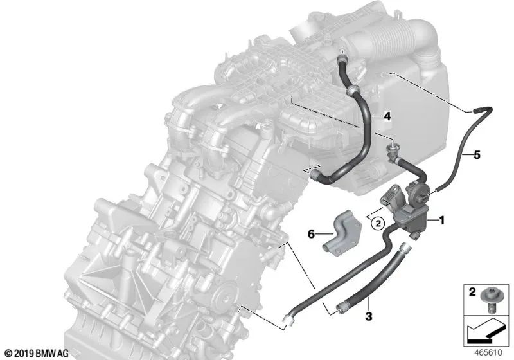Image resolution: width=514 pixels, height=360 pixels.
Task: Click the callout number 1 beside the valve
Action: [x=442, y=220]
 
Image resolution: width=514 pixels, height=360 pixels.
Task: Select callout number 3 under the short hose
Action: [x=368, y=316]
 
